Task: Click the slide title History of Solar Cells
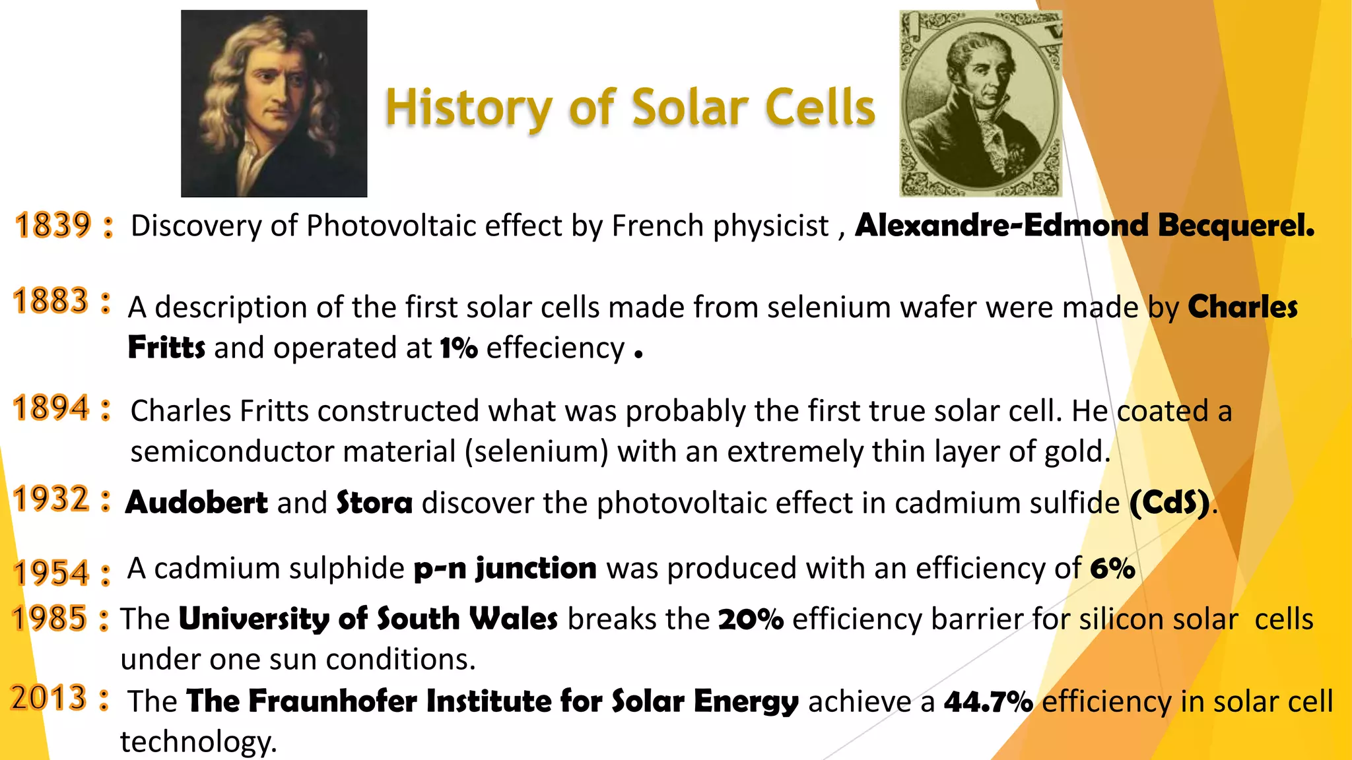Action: point(630,108)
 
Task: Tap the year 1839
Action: point(53,226)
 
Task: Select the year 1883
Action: point(51,301)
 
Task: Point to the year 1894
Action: point(51,408)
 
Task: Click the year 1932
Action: point(51,499)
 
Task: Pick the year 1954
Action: point(51,573)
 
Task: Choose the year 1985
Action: point(50,619)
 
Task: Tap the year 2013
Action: point(49,699)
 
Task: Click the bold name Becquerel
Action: point(1236,226)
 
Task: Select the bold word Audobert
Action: point(197,503)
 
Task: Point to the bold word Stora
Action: point(374,503)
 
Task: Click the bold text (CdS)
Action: point(1170,503)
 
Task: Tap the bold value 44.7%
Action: point(988,701)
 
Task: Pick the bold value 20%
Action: point(751,619)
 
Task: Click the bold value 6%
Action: point(1112,568)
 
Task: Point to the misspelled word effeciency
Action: point(555,348)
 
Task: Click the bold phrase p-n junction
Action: point(505,568)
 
